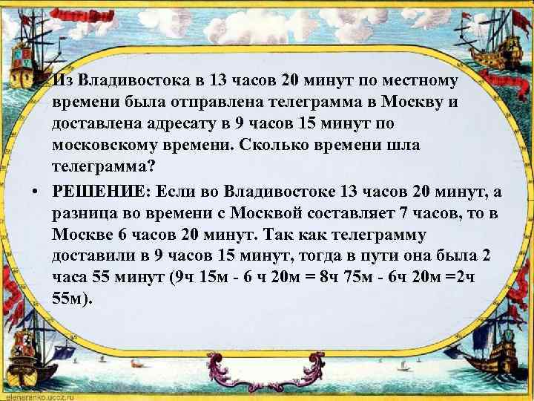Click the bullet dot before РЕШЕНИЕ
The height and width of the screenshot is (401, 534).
click(x=36, y=192)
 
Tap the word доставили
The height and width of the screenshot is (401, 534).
click(x=94, y=257)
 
